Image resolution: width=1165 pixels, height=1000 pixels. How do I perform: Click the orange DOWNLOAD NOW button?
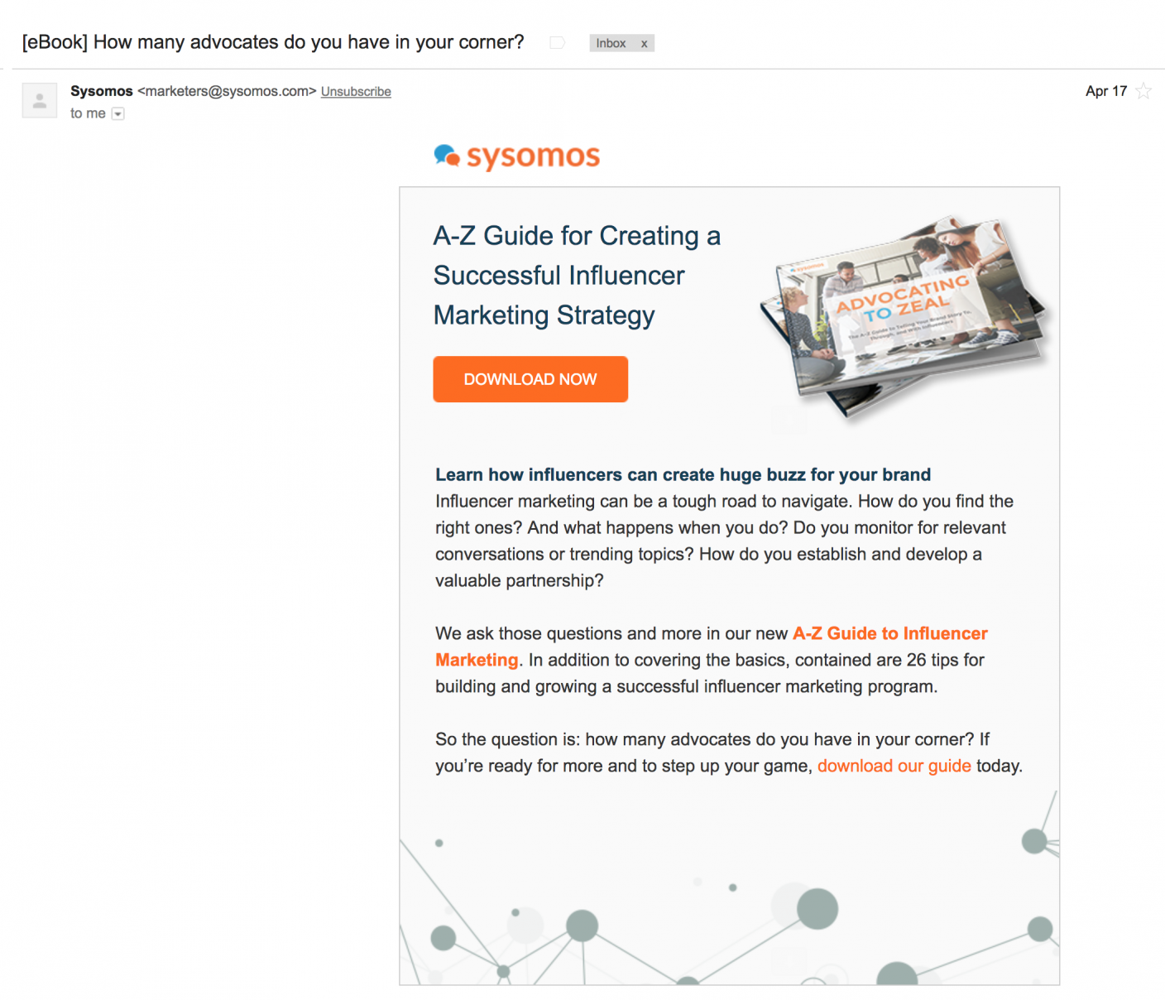(x=530, y=379)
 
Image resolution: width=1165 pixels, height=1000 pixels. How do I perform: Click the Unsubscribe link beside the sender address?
(x=356, y=92)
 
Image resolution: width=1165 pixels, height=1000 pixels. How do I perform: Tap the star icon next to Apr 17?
(x=1143, y=91)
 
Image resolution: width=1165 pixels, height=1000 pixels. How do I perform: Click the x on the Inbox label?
(x=644, y=44)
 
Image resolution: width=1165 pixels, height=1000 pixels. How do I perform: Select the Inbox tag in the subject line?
(x=611, y=43)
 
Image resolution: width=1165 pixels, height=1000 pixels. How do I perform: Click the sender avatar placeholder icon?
(x=39, y=100)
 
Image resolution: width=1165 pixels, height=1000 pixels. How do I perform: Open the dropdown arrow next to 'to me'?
(x=118, y=114)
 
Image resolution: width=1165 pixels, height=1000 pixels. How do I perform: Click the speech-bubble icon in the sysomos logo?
(x=447, y=155)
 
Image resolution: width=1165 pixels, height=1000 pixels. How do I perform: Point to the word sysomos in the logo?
(x=533, y=156)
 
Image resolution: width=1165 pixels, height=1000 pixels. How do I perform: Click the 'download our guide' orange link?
(x=894, y=766)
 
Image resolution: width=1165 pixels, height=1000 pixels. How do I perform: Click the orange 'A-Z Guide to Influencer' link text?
(x=889, y=633)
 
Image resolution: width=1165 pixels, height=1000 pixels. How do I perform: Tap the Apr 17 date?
(x=1105, y=91)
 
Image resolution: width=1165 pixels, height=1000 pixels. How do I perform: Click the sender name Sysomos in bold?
(x=102, y=91)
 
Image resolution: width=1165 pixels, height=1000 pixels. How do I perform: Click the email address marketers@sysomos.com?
(x=227, y=91)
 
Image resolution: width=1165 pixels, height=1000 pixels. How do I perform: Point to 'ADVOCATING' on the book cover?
(x=902, y=293)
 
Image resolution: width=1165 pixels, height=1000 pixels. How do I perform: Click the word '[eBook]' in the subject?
(x=55, y=42)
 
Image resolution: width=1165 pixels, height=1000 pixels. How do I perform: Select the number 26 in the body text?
(x=916, y=660)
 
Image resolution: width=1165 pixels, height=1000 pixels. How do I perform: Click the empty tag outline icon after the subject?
(x=557, y=43)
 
